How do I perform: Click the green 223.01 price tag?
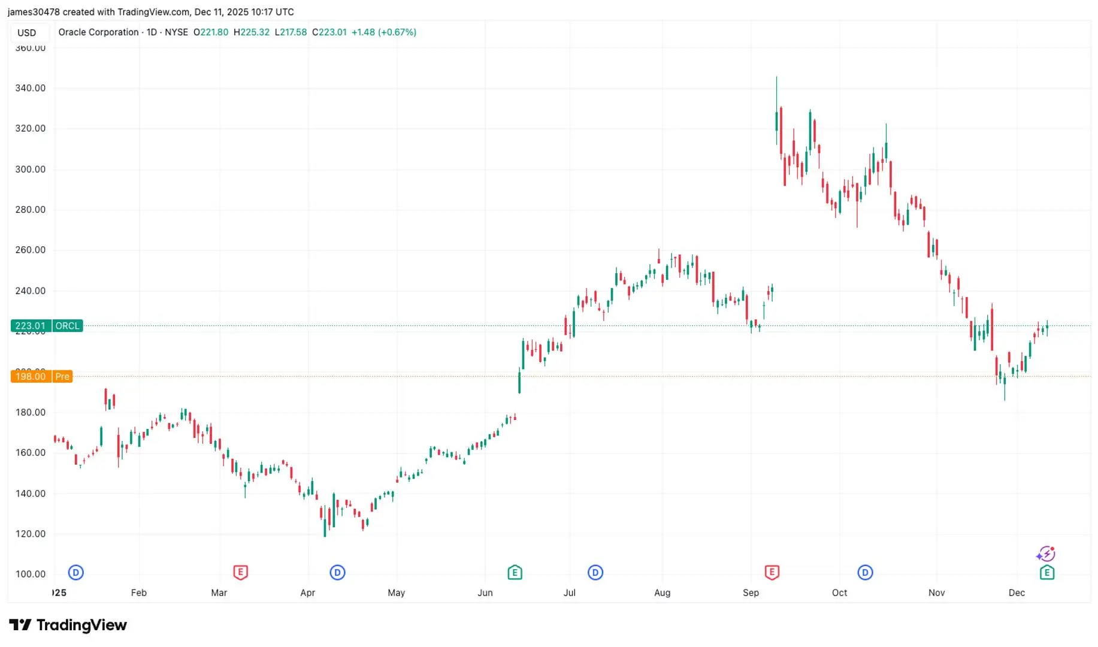(x=31, y=326)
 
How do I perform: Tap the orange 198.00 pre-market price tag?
(x=31, y=376)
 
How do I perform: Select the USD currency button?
(x=26, y=33)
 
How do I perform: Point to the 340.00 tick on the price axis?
(x=31, y=88)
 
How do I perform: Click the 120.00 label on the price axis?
(x=31, y=534)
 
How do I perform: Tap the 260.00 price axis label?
(x=31, y=250)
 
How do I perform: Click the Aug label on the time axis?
(x=662, y=592)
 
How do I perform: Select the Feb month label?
(x=138, y=592)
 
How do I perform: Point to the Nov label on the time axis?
(x=936, y=592)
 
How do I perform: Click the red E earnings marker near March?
(x=240, y=572)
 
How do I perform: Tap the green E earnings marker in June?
(x=515, y=573)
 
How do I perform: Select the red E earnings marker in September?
(x=772, y=572)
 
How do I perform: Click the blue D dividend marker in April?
(x=337, y=573)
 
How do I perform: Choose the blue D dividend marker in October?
(x=865, y=573)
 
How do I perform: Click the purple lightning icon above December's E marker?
(x=1046, y=554)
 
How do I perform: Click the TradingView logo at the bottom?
(x=68, y=625)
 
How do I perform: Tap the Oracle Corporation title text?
(x=98, y=32)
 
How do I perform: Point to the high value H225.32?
(x=252, y=32)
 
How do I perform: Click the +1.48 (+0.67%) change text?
(x=383, y=32)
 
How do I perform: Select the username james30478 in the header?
(x=33, y=12)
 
